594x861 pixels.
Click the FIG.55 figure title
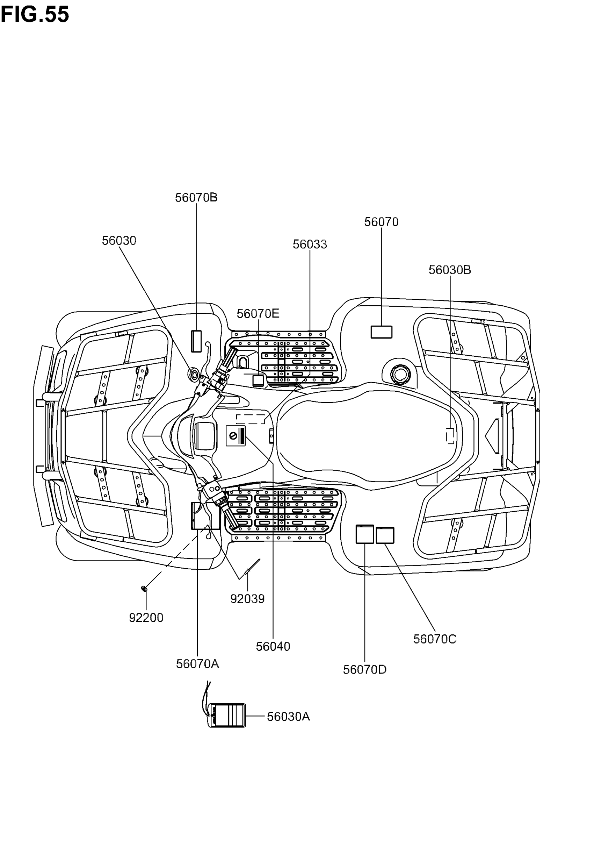pos(35,15)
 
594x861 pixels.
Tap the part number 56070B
pos(196,197)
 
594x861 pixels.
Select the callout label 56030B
pos(450,270)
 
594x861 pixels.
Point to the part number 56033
pos(310,244)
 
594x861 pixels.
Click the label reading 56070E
pos(258,314)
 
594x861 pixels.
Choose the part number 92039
pos(247,599)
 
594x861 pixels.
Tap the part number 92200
pos(146,618)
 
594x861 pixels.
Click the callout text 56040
pos(273,647)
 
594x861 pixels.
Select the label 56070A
pos(197,664)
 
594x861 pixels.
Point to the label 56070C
pos(435,639)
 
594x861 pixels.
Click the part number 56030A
pos(289,717)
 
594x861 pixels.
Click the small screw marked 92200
pos(144,589)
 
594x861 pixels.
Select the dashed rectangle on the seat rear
pos(450,436)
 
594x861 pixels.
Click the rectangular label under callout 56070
pos(381,332)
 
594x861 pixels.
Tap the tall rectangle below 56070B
pos(196,341)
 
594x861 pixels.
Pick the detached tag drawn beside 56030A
pos(227,715)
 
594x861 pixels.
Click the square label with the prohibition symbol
pos(236,436)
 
